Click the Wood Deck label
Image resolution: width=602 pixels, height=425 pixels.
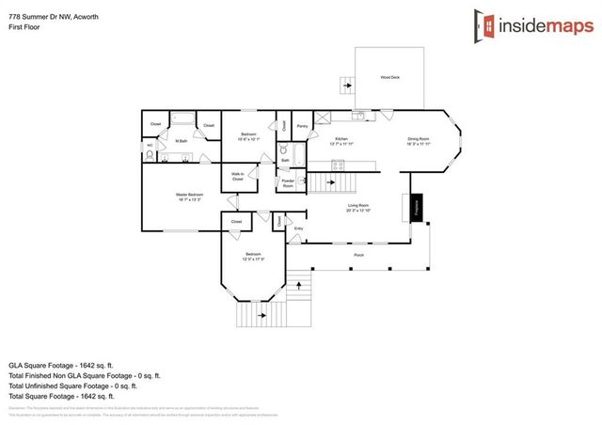pyautogui.click(x=389, y=77)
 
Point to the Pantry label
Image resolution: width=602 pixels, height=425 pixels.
pyautogui.click(x=302, y=125)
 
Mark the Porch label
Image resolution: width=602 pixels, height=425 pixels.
pyautogui.click(x=358, y=255)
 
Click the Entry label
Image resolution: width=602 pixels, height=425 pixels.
pyautogui.click(x=299, y=228)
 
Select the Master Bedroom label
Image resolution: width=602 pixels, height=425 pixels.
pyautogui.click(x=189, y=196)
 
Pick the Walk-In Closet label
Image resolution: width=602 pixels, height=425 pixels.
pyautogui.click(x=237, y=175)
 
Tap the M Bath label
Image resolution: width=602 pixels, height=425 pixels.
pyautogui.click(x=182, y=141)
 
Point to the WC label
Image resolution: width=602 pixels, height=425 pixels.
pyautogui.click(x=150, y=146)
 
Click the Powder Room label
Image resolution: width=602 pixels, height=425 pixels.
pyautogui.click(x=288, y=183)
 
